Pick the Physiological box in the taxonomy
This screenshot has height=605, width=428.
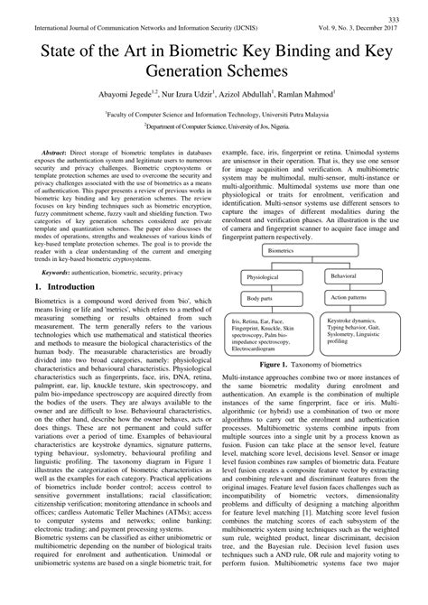pos(265,277)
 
